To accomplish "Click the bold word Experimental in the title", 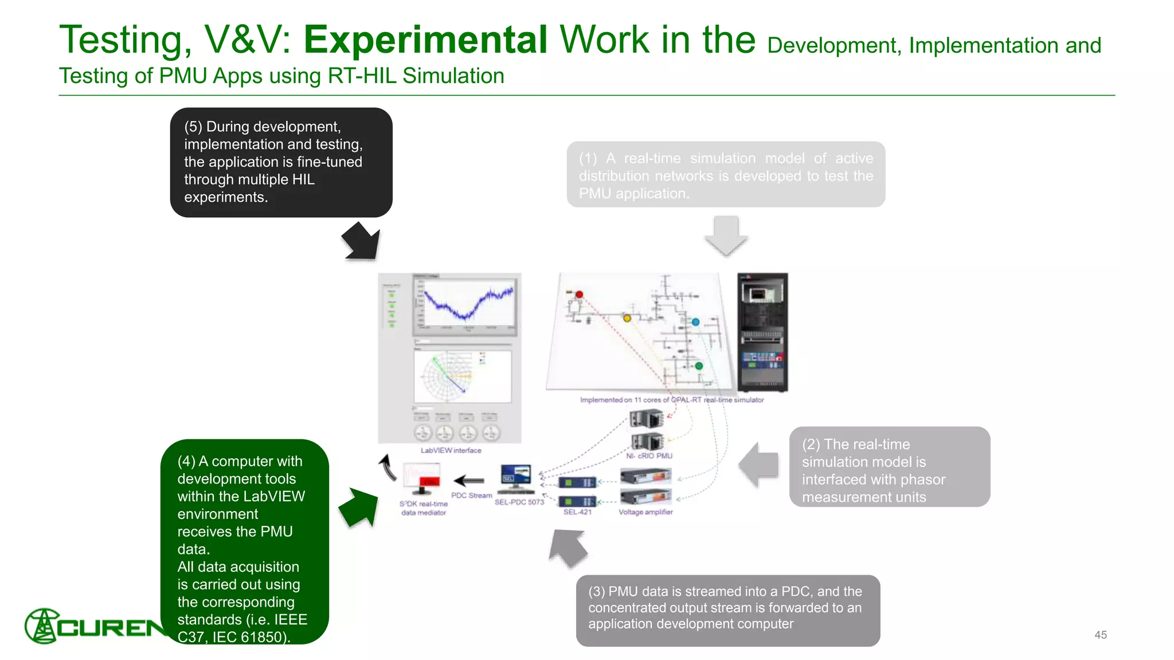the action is click(425, 40).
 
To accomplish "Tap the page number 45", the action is click(1100, 635).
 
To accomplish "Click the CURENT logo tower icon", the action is click(41, 626).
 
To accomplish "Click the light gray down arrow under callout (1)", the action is click(726, 235).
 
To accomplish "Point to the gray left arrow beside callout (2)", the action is click(759, 465).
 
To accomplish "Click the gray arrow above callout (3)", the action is click(568, 548).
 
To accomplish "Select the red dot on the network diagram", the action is click(580, 294).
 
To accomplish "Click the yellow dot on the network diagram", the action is click(627, 318).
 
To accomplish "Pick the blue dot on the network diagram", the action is click(695, 322).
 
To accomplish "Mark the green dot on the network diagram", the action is click(699, 366).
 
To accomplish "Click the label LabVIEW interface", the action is click(451, 450).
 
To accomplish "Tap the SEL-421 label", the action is click(577, 512).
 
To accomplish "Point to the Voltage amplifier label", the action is click(645, 512).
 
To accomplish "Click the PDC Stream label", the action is click(471, 496).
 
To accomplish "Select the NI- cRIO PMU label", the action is click(649, 456).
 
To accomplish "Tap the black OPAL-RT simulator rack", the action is click(762, 332).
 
